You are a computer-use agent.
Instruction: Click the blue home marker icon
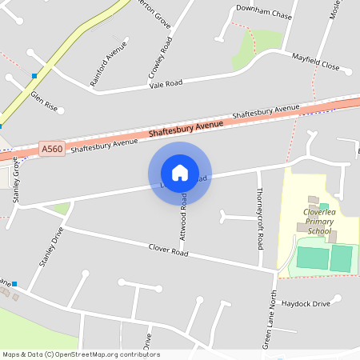180,172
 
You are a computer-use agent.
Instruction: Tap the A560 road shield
51,149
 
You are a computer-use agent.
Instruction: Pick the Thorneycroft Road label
259,217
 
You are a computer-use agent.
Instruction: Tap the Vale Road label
166,83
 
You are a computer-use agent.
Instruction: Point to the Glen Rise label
45,100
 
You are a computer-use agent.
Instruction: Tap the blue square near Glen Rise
34,76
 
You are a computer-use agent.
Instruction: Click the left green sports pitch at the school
312,258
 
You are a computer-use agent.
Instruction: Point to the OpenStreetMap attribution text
81,354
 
